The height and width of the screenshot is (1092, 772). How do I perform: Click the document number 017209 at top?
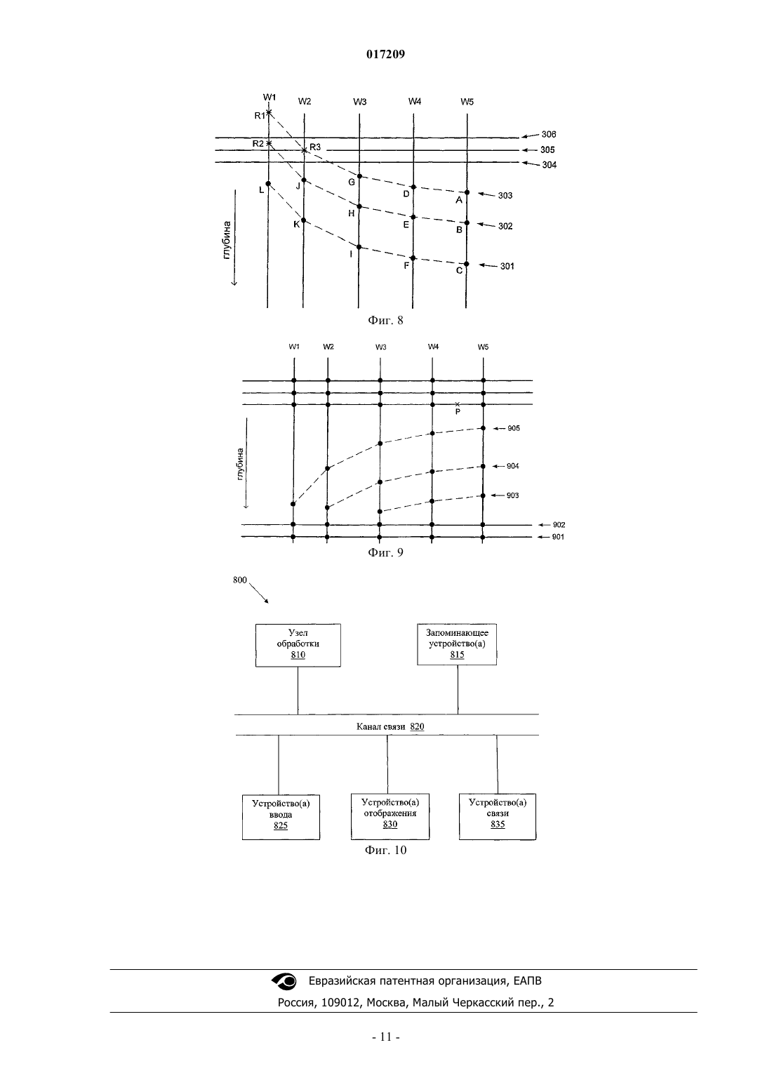[385, 54]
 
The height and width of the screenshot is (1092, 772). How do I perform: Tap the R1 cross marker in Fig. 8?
[269, 112]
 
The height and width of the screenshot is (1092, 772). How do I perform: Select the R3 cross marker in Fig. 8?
[305, 150]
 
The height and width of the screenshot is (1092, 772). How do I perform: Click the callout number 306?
[549, 134]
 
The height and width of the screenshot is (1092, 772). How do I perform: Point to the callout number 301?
[507, 266]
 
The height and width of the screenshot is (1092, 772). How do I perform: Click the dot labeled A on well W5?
[467, 192]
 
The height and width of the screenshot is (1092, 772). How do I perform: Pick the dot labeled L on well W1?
[268, 183]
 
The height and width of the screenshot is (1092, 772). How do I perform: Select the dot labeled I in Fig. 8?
[359, 247]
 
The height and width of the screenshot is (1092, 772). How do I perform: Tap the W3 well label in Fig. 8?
[359, 102]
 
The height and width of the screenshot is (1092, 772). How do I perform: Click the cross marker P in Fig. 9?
[457, 404]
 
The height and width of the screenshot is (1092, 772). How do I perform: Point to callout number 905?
[513, 429]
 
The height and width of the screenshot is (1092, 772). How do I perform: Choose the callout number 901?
[558, 537]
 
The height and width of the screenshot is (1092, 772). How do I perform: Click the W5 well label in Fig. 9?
[483, 347]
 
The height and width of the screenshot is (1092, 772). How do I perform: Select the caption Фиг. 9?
[385, 552]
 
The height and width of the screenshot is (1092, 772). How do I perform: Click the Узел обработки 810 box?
[298, 645]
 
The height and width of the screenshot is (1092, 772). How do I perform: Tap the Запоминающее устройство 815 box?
[457, 644]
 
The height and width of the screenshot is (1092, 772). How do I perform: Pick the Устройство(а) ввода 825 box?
[281, 817]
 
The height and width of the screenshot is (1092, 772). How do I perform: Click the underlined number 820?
[417, 726]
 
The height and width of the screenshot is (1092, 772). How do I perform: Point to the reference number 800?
[240, 580]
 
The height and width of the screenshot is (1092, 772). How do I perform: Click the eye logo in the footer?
[284, 981]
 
